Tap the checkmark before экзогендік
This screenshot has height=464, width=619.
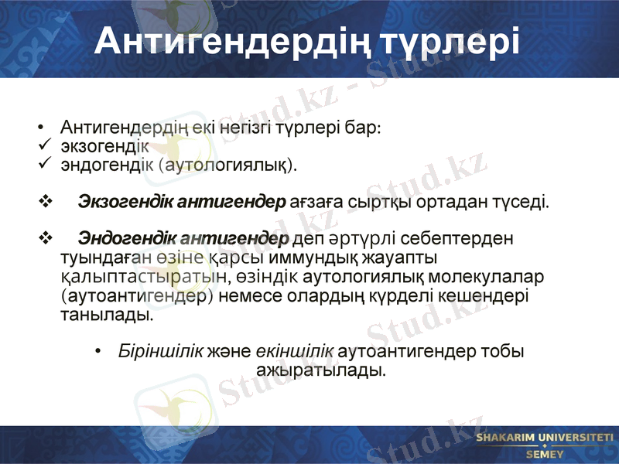(x=43, y=145)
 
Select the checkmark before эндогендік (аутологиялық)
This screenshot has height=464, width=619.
(x=43, y=163)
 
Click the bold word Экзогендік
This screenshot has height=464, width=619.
(x=127, y=203)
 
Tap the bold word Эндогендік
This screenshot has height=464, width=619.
(x=127, y=237)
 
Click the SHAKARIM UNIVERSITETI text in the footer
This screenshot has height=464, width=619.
(x=544, y=438)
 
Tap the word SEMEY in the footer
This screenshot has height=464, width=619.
(x=544, y=454)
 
